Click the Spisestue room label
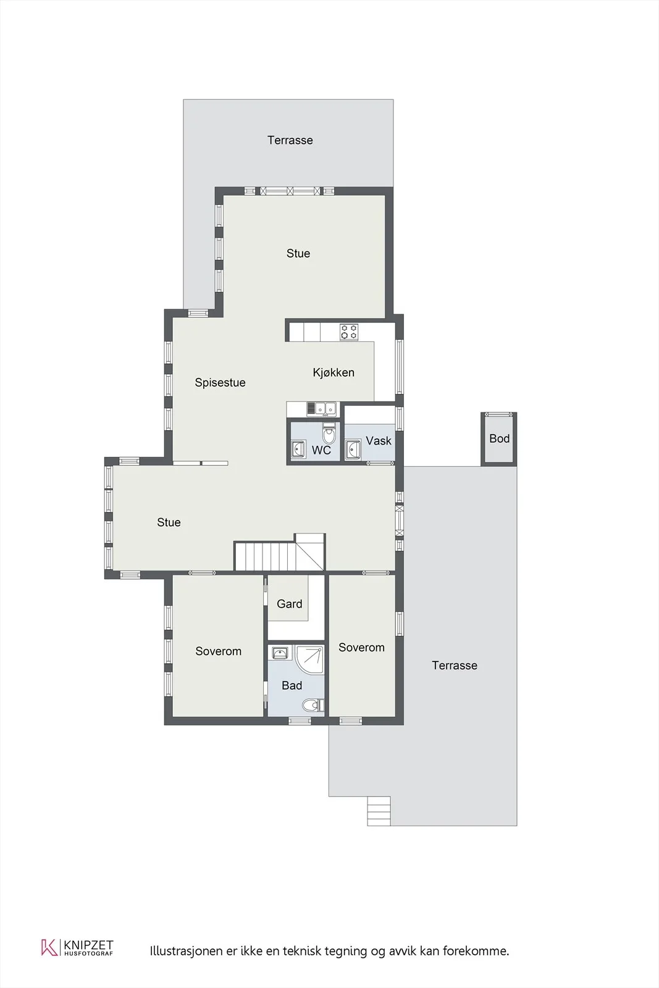click(220, 382)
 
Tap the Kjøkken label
click(334, 372)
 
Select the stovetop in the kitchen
click(349, 332)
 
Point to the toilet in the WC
click(329, 433)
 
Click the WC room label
click(321, 450)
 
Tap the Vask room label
click(379, 441)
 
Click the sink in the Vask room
click(353, 450)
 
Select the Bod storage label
click(499, 438)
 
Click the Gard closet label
click(290, 604)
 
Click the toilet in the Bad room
click(314, 705)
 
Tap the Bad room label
click(292, 685)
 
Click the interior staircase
click(279, 554)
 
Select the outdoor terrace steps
click(379, 811)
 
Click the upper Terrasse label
click(290, 140)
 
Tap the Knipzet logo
click(78, 947)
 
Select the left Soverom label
click(219, 651)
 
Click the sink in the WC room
click(298, 449)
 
